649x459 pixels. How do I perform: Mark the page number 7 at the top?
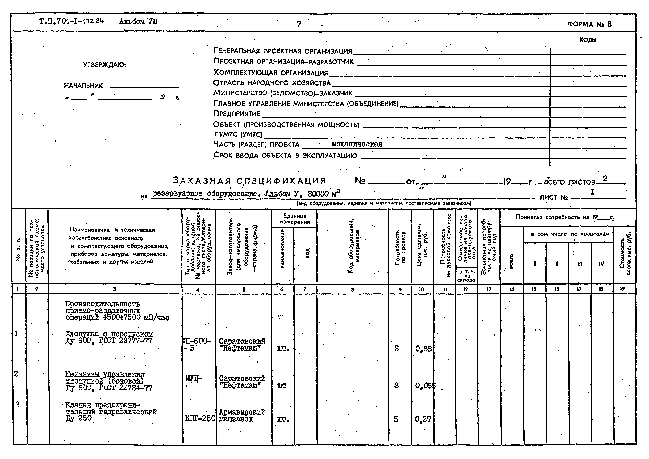299,24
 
